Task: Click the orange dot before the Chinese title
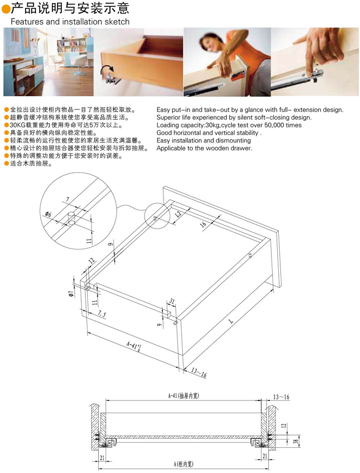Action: [x=6, y=9]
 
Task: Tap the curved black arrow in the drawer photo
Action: [x=106, y=71]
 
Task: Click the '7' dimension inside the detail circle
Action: [x=67, y=199]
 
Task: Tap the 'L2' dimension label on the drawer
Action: [x=178, y=214]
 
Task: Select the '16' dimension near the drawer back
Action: [x=203, y=224]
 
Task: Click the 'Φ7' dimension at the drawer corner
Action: [x=71, y=293]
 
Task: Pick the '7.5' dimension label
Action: [x=102, y=314]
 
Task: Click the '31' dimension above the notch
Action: [x=172, y=301]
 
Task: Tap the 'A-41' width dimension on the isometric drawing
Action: [x=134, y=346]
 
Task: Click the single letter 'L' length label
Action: [x=231, y=321]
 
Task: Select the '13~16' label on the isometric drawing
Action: [x=199, y=373]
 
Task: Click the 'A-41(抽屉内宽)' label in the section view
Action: [x=183, y=395]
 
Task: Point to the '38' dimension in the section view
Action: [x=296, y=441]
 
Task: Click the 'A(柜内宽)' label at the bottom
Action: [x=183, y=464]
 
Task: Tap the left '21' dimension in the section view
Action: [x=102, y=458]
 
